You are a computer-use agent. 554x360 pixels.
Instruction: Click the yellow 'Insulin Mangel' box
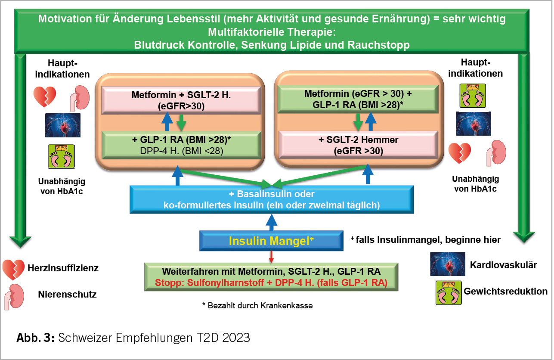(x=271, y=241)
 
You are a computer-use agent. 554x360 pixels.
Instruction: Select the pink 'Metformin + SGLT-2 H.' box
(x=181, y=100)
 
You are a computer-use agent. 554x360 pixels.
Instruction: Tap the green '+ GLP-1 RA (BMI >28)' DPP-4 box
(x=181, y=145)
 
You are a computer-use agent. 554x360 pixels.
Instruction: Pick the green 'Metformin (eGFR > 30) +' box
(x=358, y=99)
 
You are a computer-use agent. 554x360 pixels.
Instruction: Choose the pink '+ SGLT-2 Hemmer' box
(x=358, y=145)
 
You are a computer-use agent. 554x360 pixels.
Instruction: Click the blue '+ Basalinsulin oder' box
(x=272, y=199)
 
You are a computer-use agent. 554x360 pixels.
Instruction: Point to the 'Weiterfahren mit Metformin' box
(x=271, y=277)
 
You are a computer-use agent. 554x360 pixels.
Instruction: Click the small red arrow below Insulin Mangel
(x=271, y=257)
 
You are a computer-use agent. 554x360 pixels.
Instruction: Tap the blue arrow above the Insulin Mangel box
(x=271, y=223)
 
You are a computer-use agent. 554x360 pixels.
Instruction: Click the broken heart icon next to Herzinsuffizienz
(x=14, y=269)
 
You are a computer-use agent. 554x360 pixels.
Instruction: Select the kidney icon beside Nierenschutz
(x=14, y=297)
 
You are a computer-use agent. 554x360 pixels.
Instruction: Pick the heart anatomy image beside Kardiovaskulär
(x=448, y=264)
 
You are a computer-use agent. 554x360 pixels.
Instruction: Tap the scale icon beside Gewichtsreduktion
(x=449, y=292)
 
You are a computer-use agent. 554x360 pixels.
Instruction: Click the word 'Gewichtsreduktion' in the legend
(x=505, y=291)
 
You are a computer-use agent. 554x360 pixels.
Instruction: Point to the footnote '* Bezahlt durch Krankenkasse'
(x=257, y=306)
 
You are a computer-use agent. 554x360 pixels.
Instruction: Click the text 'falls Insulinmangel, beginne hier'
(x=428, y=239)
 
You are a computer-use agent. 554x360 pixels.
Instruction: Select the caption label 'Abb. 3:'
(x=35, y=338)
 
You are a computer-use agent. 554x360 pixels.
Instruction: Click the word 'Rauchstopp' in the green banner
(x=378, y=45)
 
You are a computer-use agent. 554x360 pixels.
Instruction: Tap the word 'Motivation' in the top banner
(x=65, y=19)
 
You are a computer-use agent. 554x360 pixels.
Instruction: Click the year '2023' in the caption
(x=236, y=338)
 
